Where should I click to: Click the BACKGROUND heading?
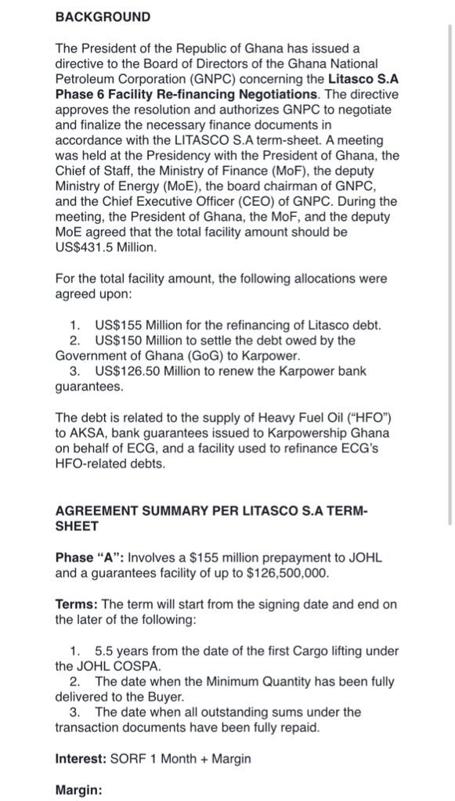click(103, 16)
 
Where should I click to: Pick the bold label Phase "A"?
click(89, 558)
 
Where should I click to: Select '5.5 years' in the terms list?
click(121, 651)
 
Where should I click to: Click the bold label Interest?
click(82, 758)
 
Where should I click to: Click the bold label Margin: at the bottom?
click(78, 790)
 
